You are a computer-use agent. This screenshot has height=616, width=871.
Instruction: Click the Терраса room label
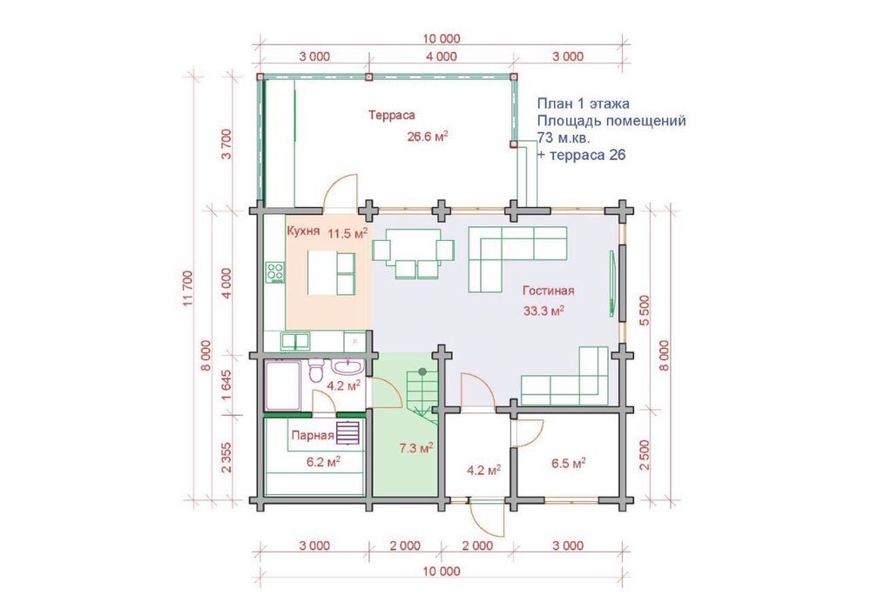pos(392,116)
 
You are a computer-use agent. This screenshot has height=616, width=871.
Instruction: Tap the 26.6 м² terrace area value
pos(428,137)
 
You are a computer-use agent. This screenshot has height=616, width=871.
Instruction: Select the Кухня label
pos(303,231)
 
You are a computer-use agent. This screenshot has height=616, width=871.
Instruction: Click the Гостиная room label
pos(548,291)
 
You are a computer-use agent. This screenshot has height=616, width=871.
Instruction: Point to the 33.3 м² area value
pos(544,311)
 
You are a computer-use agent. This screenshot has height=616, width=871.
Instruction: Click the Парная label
pos(313,436)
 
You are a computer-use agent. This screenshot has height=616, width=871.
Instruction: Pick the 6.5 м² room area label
pos(569,464)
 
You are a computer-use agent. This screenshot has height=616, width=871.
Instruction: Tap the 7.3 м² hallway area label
pos(416,448)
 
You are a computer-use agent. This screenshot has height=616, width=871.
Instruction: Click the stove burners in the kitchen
pos(275,272)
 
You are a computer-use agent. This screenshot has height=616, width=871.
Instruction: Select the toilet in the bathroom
pos(315,371)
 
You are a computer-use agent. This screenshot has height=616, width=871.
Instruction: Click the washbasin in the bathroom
pos(349,367)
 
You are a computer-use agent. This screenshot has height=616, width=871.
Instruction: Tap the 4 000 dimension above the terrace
pos(442,57)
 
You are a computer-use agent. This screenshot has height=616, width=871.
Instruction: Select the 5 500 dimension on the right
pos(645,311)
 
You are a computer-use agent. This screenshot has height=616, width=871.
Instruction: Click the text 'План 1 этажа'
pos(584,104)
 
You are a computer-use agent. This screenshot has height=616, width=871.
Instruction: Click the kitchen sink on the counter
pos(295,341)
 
